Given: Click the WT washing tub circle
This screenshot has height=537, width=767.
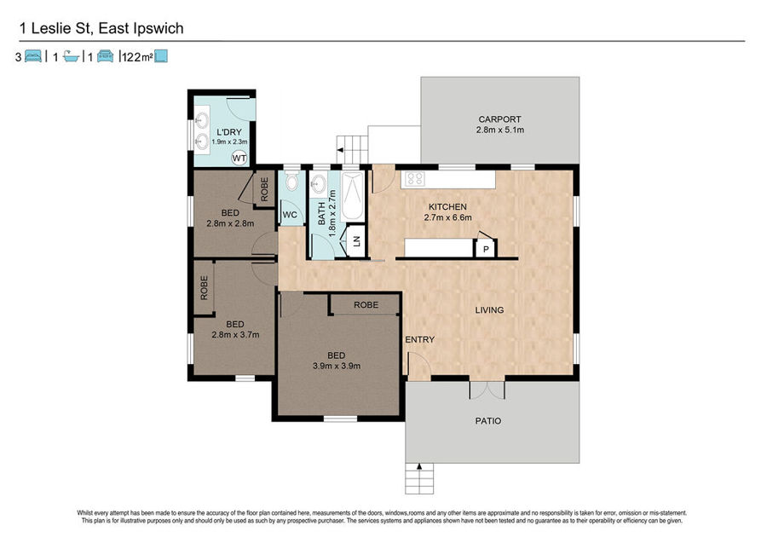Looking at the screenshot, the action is coord(239,158).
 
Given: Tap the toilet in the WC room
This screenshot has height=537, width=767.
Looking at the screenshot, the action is coord(292,182).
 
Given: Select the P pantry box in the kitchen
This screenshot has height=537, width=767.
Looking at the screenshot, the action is coord(486,249).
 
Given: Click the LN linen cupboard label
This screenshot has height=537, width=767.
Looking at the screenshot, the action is coord(356,240).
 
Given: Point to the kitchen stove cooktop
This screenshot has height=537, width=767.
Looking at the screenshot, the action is coord(415,178).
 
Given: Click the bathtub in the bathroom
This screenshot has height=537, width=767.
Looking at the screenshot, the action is coord(352,196).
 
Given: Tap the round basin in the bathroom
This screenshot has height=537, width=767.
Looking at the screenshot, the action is coord(319,185).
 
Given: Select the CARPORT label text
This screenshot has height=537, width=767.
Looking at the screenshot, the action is coord(499,118).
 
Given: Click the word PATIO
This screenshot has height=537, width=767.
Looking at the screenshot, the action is coord(488,420).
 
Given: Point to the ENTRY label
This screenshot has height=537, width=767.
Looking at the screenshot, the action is coord(419,339).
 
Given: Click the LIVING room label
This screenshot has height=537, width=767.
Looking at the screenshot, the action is coord(489,309).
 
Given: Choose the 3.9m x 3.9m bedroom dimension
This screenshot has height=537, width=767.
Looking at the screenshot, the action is coord(336,366).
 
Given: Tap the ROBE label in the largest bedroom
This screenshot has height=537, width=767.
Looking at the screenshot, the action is coord(366,304).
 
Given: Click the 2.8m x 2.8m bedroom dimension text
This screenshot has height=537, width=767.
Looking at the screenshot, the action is coord(230,223).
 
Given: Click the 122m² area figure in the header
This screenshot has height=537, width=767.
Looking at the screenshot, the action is coord(137,57).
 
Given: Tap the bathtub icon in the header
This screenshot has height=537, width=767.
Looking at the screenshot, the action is coord(72,57).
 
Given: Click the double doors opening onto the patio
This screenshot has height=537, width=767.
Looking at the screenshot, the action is coord(487,390).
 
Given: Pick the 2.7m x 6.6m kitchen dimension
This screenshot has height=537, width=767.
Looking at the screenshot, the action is coord(447,217).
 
